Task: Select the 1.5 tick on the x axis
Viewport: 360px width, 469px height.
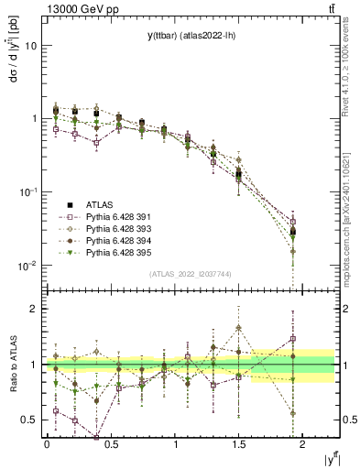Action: [240, 444]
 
